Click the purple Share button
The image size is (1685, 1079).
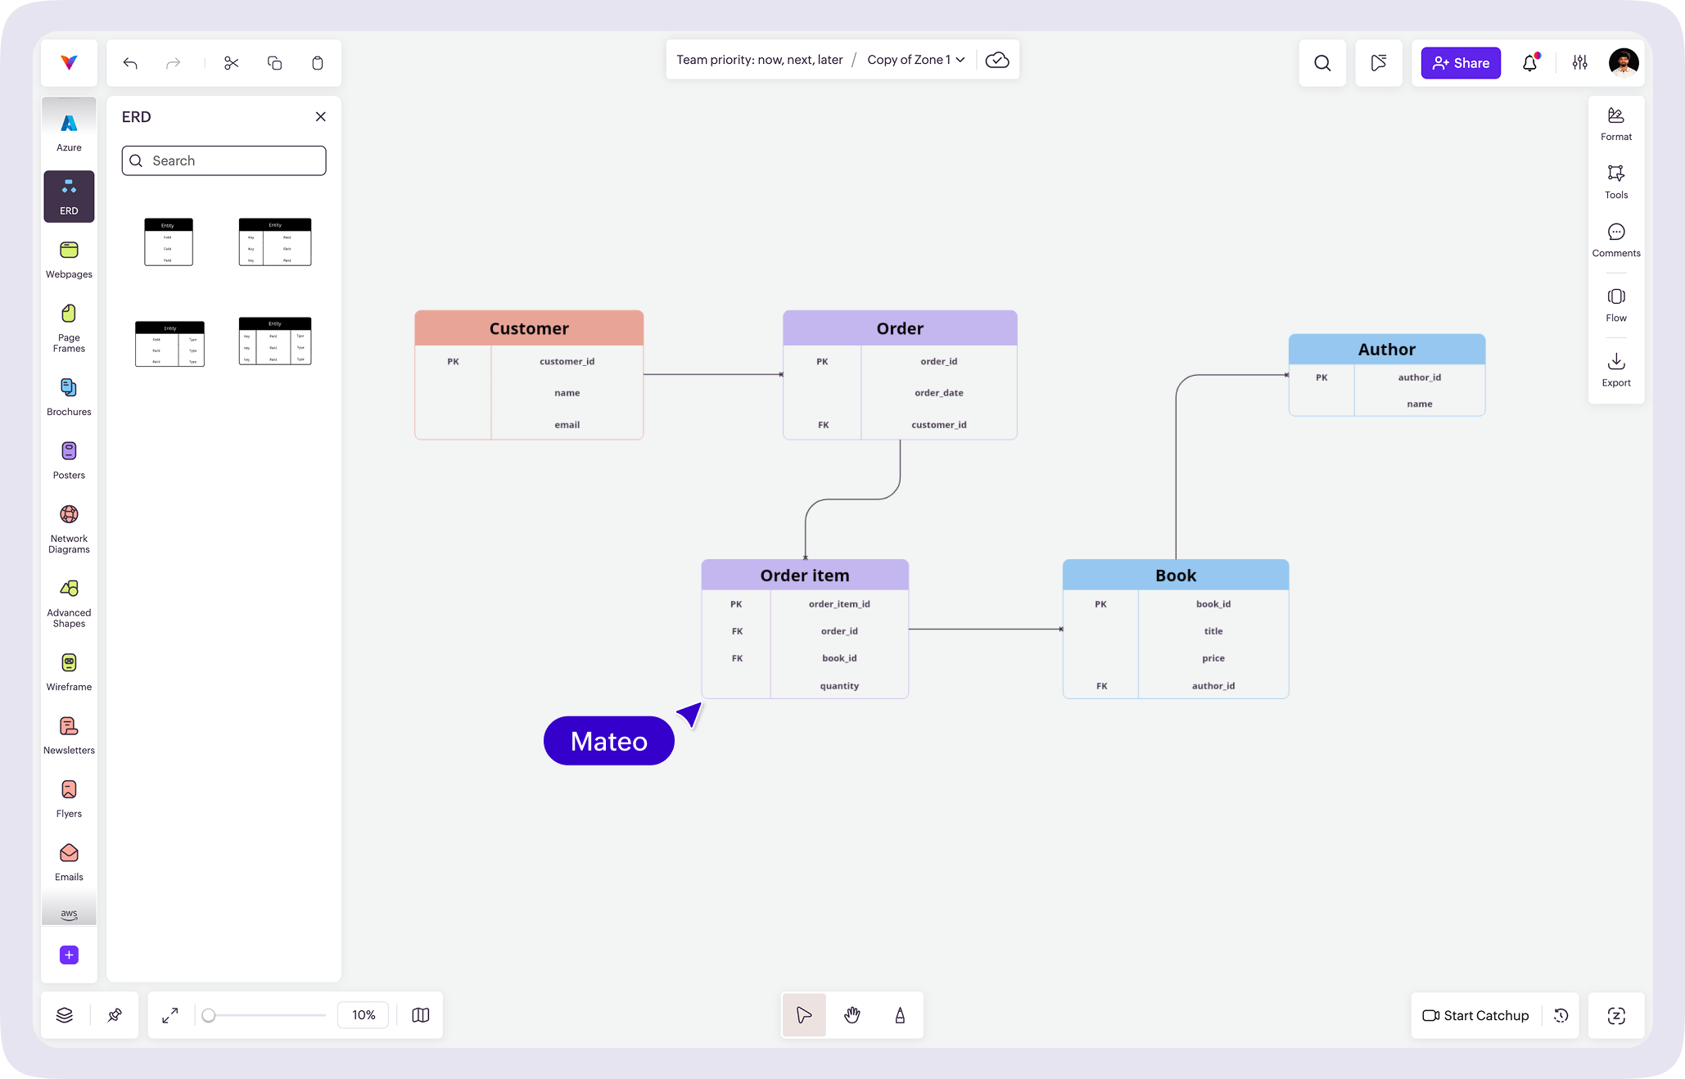1460,63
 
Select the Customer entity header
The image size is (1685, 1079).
529,328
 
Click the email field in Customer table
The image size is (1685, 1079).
567,425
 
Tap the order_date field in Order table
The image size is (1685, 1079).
938,393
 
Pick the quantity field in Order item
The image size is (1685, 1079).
839,686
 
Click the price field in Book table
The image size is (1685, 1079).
1213,658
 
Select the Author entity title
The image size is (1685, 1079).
1386,350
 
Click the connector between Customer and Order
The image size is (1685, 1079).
712,375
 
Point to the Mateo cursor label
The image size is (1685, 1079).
608,741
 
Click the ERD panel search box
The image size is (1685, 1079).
224,161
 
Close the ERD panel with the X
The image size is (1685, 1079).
320,117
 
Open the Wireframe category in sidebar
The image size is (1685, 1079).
69,671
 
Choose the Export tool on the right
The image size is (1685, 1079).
1615,369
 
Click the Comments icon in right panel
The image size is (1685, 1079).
1615,240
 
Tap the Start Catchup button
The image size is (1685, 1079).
1475,1015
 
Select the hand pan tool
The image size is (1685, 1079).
852,1015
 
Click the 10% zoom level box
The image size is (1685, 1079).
364,1015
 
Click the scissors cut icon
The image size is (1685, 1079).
232,63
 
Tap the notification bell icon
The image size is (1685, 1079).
1529,63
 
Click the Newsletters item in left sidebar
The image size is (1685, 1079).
69,734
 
